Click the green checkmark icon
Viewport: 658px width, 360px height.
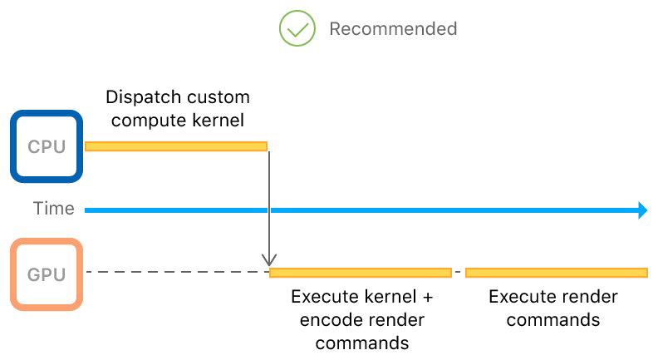click(297, 29)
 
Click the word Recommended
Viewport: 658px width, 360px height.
click(393, 29)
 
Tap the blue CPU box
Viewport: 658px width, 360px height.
click(47, 146)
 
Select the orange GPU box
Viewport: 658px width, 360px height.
click(47, 274)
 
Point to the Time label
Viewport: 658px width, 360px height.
click(53, 209)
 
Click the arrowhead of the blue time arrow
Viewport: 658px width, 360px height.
click(642, 210)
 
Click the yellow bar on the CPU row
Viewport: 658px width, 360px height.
click(176, 146)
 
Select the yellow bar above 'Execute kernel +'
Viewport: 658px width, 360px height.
click(361, 272)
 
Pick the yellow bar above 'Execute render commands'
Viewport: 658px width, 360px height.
click(556, 272)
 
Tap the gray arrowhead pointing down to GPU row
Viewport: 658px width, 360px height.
click(269, 261)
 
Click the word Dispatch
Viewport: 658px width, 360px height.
click(137, 97)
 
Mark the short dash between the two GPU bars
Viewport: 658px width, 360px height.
click(458, 272)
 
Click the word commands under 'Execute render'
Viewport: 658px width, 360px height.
click(553, 320)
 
